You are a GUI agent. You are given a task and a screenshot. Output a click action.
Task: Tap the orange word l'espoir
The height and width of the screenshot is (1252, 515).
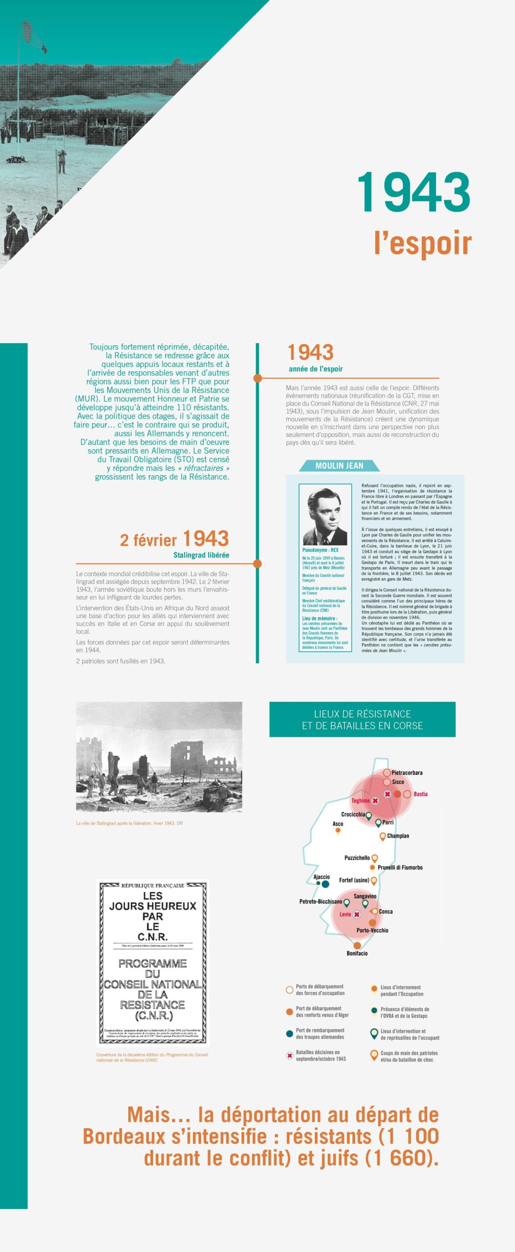click(x=423, y=243)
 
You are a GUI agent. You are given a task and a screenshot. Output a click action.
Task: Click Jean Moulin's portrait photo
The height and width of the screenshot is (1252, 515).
click(x=325, y=516)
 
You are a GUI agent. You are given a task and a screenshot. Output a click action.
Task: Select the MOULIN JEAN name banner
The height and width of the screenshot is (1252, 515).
click(x=339, y=466)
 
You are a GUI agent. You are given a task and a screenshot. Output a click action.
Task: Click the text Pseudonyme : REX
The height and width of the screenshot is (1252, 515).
click(x=320, y=550)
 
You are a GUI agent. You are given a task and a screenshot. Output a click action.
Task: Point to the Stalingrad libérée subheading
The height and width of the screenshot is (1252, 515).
click(x=201, y=555)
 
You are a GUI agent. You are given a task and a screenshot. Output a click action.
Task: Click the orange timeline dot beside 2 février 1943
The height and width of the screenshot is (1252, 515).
click(x=257, y=564)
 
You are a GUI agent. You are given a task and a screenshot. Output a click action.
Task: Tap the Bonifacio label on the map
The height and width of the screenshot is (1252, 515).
click(x=357, y=953)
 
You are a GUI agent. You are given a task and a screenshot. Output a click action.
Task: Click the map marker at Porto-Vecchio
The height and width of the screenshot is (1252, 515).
click(x=372, y=923)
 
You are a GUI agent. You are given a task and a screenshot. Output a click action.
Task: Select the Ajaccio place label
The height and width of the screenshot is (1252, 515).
click(x=322, y=877)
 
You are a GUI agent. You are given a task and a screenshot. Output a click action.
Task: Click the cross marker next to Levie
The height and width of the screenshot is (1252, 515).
click(x=357, y=915)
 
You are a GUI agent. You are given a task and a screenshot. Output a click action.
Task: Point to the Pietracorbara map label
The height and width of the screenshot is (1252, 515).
click(x=407, y=773)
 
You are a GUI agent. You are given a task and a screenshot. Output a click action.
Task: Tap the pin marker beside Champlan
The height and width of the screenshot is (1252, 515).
click(x=383, y=836)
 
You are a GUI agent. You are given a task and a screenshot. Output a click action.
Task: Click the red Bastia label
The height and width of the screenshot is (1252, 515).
click(x=420, y=794)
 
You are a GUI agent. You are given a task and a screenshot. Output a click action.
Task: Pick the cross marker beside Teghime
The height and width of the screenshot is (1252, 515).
click(x=375, y=801)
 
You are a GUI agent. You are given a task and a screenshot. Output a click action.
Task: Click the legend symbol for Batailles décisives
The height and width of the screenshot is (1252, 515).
click(x=289, y=1056)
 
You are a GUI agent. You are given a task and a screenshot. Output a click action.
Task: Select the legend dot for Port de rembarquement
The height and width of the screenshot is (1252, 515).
click(x=289, y=1033)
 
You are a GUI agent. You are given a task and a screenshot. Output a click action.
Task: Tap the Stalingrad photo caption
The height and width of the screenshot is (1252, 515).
click(x=129, y=823)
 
